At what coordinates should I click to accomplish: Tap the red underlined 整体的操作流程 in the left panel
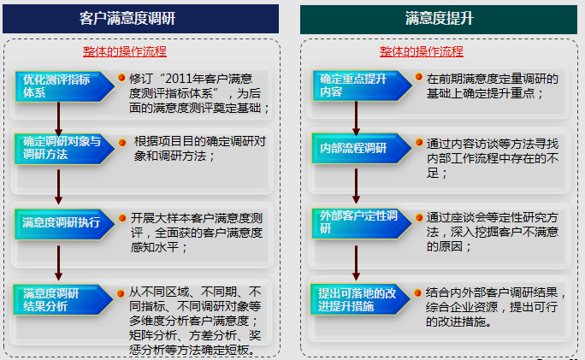125,51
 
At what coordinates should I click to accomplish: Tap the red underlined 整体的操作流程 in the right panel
421,51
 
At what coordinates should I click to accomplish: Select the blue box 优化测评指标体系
64,86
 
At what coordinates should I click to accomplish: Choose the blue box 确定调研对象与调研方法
64,149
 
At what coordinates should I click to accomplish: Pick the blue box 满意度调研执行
64,224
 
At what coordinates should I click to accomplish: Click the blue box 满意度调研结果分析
63,300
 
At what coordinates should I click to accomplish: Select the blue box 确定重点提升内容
362,86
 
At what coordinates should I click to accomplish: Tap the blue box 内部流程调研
362,149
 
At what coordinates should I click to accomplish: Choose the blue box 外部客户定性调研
362,223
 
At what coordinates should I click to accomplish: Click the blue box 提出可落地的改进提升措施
360,299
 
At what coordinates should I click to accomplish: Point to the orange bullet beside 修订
121,78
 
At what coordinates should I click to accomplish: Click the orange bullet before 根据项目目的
122,143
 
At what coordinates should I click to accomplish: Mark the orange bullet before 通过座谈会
419,217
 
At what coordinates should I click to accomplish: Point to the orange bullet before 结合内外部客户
418,292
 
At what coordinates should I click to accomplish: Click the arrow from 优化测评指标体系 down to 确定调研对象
58,119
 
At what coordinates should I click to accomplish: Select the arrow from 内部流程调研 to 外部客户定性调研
357,186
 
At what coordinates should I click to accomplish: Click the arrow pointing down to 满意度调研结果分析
58,263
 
